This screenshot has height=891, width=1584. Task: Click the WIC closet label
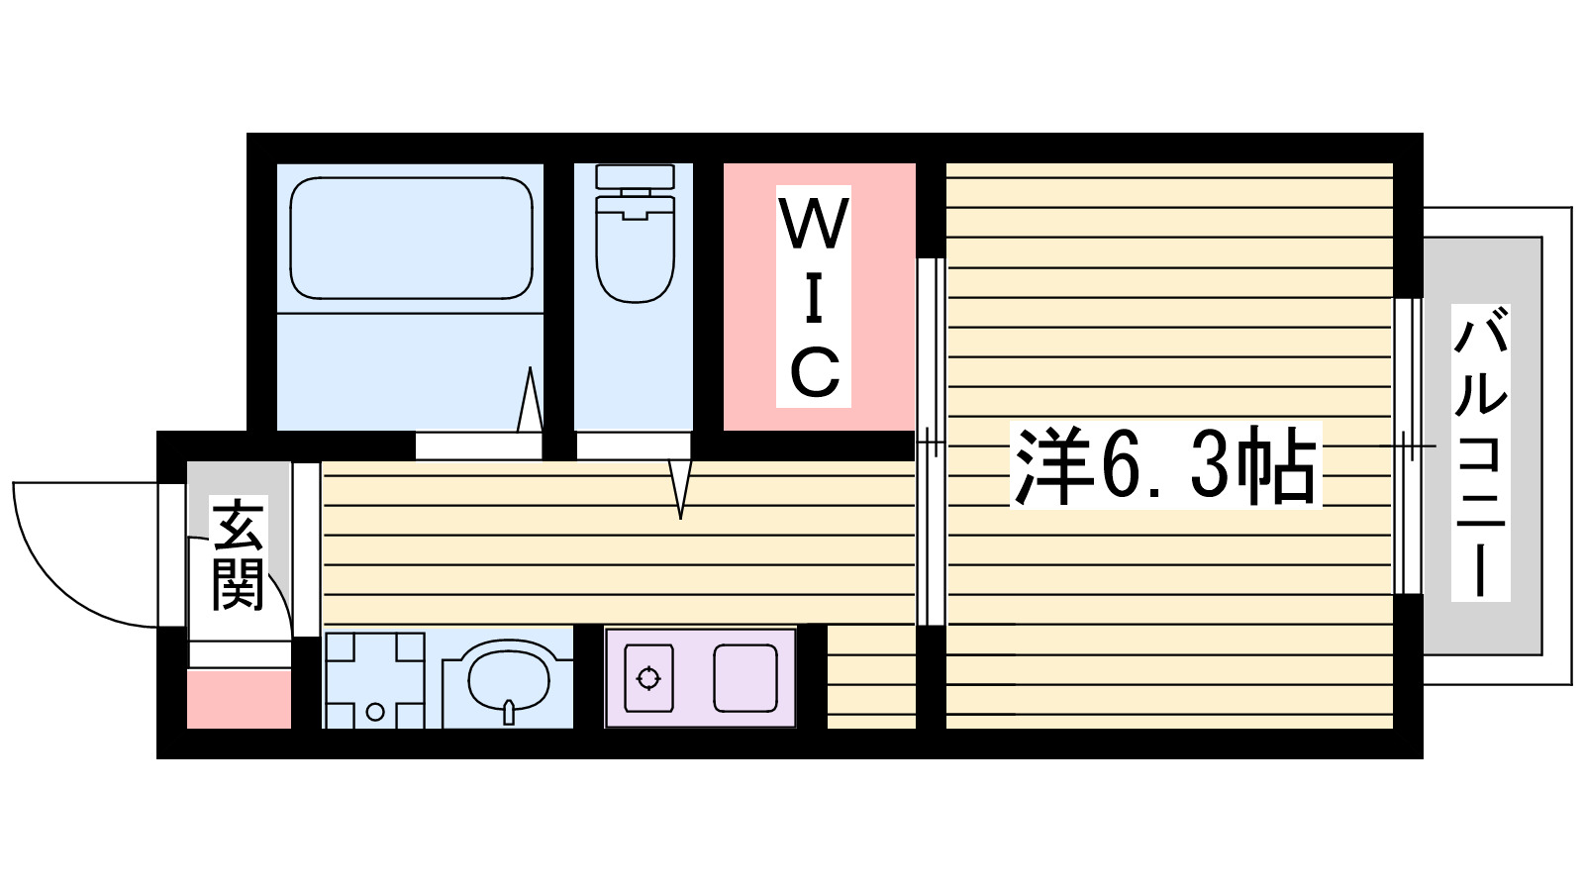(814, 296)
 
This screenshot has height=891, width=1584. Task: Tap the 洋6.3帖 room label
(1165, 466)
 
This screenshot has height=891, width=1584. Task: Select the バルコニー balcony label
(1480, 453)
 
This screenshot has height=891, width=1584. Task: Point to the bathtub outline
(411, 239)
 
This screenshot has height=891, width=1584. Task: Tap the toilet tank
(635, 178)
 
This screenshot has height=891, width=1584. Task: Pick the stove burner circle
(648, 678)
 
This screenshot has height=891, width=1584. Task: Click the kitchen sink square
(745, 678)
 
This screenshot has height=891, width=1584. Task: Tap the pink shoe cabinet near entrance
(239, 699)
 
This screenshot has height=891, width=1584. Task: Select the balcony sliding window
(1407, 445)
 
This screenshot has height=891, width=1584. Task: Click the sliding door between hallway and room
(930, 442)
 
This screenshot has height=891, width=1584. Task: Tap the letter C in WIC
(815, 372)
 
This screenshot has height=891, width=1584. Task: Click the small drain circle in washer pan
(375, 712)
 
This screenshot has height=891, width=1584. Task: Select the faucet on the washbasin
(509, 711)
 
